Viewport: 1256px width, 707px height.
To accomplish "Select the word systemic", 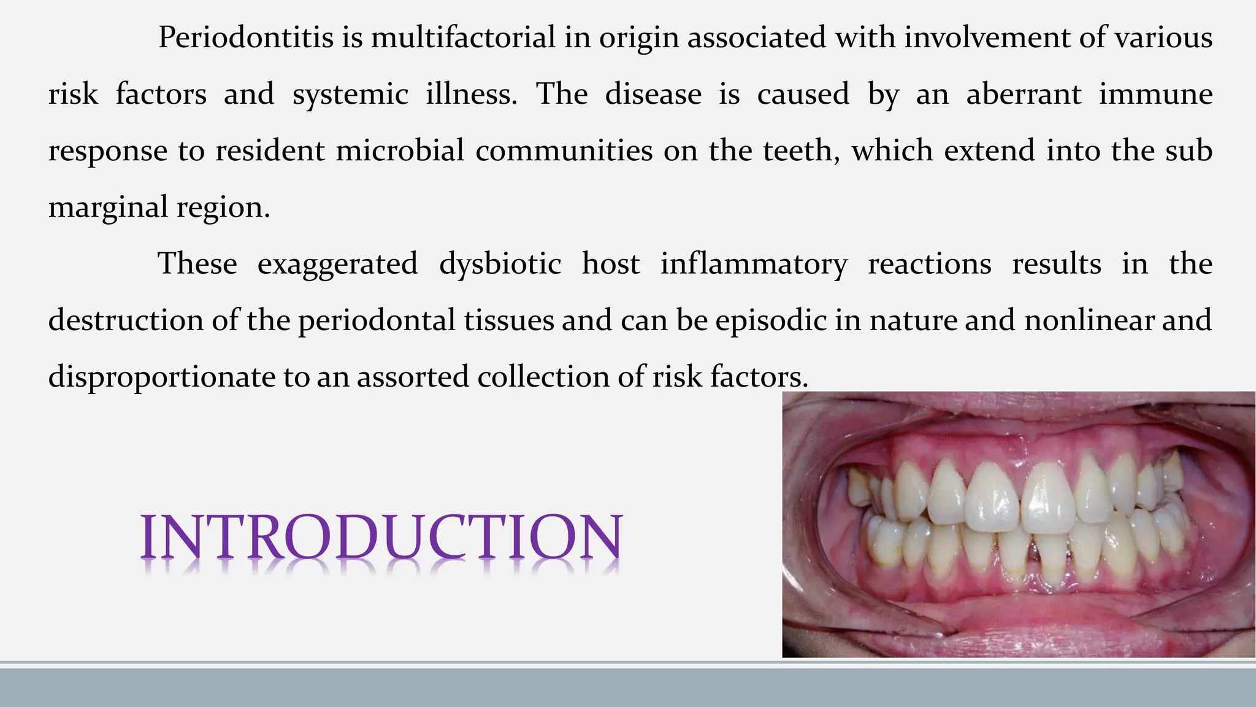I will [x=350, y=95].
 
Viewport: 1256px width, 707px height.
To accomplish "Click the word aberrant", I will [x=1024, y=95].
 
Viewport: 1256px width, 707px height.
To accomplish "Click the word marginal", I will [x=108, y=207].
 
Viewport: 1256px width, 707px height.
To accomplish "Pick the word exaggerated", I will [x=337, y=265].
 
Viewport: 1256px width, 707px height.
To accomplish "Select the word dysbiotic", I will [x=500, y=265].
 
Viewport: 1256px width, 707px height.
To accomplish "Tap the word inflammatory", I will [x=754, y=265].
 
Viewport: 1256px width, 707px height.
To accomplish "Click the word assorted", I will [x=413, y=377].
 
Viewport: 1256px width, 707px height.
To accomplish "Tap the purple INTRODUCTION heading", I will [x=381, y=538].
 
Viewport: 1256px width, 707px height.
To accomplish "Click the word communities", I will [x=564, y=151].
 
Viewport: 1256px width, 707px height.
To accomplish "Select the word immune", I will [x=1155, y=95].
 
